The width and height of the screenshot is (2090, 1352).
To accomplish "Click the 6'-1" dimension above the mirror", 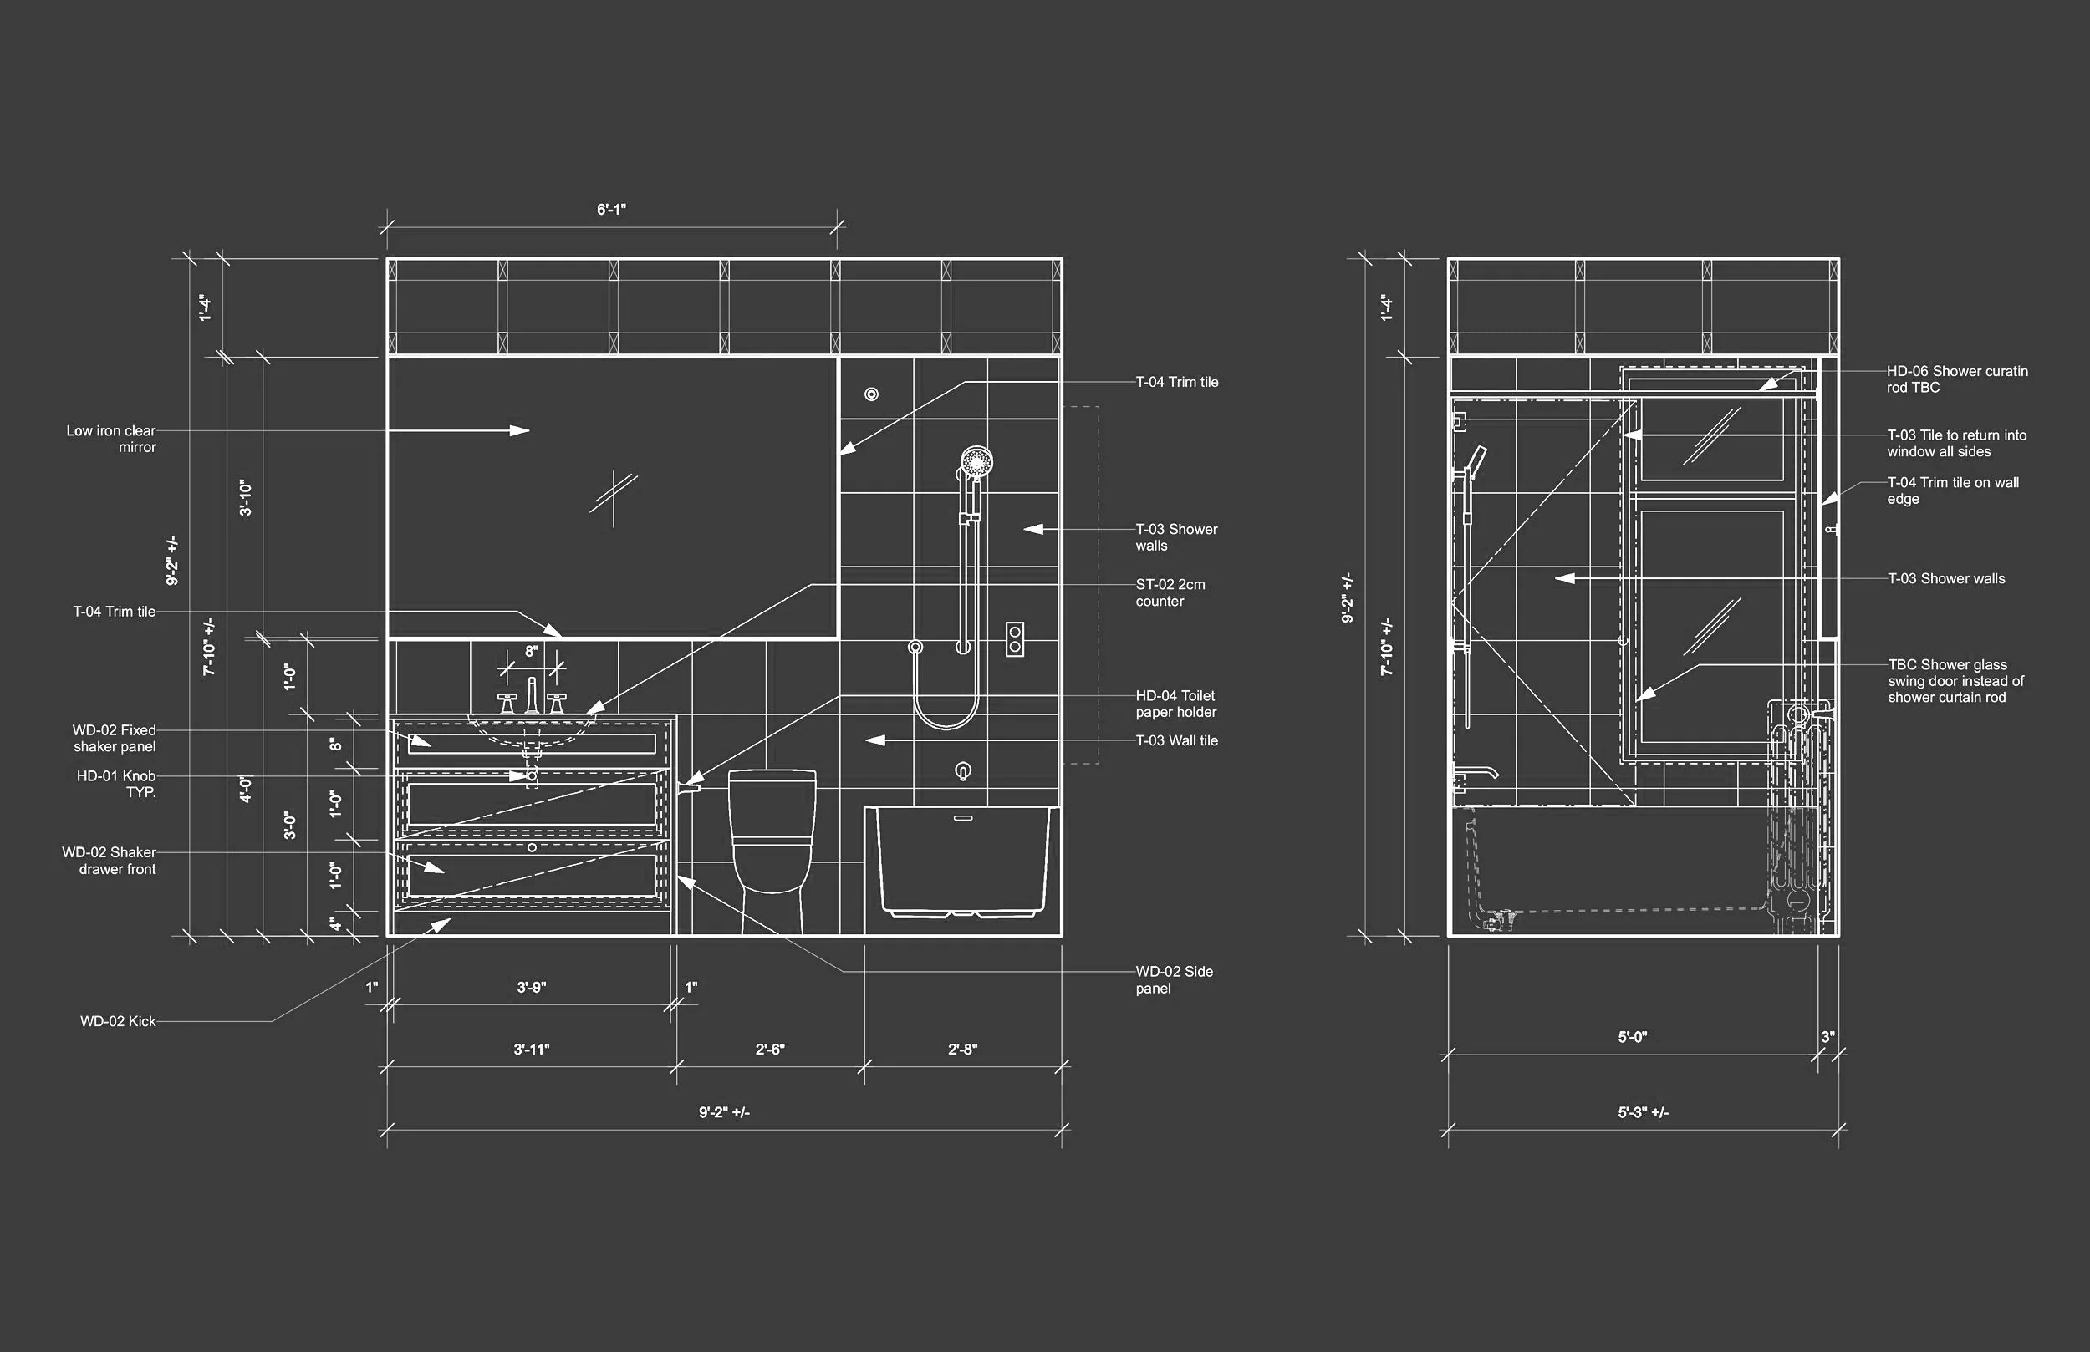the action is point(611,210).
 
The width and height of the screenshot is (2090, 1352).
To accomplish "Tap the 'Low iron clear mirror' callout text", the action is point(111,439).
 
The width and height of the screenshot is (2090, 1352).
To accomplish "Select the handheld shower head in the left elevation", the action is point(976,462).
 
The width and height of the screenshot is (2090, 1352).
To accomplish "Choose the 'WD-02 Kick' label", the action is point(118,1021).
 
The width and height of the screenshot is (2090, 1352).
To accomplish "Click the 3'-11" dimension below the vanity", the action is point(532,1050).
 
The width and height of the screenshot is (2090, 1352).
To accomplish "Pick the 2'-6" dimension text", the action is point(770,1050).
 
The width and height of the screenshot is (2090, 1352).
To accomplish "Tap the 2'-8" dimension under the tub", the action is point(962,1050).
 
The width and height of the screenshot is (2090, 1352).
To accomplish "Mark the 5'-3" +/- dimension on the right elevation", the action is point(1643,1112).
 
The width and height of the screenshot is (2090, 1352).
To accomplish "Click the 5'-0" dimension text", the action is point(1633,1037).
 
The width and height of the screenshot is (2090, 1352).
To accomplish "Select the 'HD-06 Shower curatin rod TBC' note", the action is point(1956,379).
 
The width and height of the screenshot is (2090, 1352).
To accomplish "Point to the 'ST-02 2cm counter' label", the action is point(1170,592).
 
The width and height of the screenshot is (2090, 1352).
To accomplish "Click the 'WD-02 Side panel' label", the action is point(1173,980).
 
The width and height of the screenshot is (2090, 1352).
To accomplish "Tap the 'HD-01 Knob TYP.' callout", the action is point(116,784).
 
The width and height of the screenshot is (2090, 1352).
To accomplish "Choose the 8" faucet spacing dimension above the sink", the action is point(532,652).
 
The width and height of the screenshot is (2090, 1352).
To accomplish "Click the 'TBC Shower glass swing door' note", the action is point(1955,681).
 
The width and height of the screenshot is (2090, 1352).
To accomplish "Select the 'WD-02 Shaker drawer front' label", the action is point(110,861).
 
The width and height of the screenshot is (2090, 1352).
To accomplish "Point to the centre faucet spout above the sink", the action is point(532,694).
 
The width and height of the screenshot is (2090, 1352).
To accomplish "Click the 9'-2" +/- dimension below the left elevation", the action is point(724,1112).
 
